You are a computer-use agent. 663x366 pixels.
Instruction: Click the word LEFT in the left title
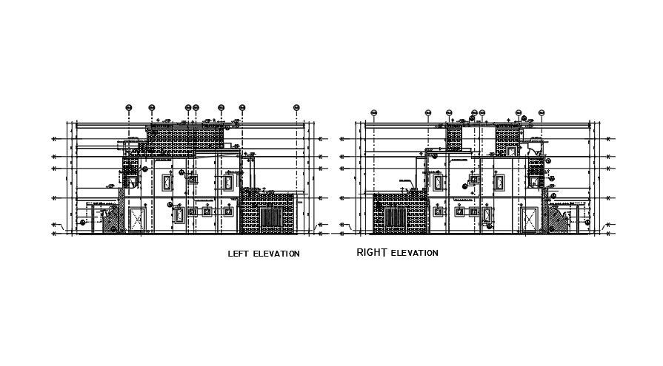pyautogui.click(x=238, y=254)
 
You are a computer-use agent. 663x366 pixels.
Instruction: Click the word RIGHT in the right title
pyautogui.click(x=372, y=252)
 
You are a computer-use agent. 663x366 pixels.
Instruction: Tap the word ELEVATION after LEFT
pyautogui.click(x=276, y=254)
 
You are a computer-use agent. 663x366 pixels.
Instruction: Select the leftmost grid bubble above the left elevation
pyautogui.click(x=129, y=107)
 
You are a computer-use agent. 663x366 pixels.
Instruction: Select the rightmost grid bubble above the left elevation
pyautogui.click(x=296, y=107)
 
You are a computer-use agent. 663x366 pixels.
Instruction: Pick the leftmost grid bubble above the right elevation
pyautogui.click(x=374, y=113)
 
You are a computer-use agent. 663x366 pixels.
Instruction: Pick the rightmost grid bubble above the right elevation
pyautogui.click(x=542, y=113)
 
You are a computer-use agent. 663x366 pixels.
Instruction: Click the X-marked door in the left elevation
pyautogui.click(x=136, y=220)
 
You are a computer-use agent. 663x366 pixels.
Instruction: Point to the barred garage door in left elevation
pyautogui.click(x=269, y=220)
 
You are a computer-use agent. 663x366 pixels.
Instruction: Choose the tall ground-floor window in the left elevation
pyautogui.click(x=179, y=215)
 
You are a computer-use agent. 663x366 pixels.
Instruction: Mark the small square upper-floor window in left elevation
pyautogui.click(x=193, y=178)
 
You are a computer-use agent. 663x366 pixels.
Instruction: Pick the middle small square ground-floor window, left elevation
pyautogui.click(x=207, y=211)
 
